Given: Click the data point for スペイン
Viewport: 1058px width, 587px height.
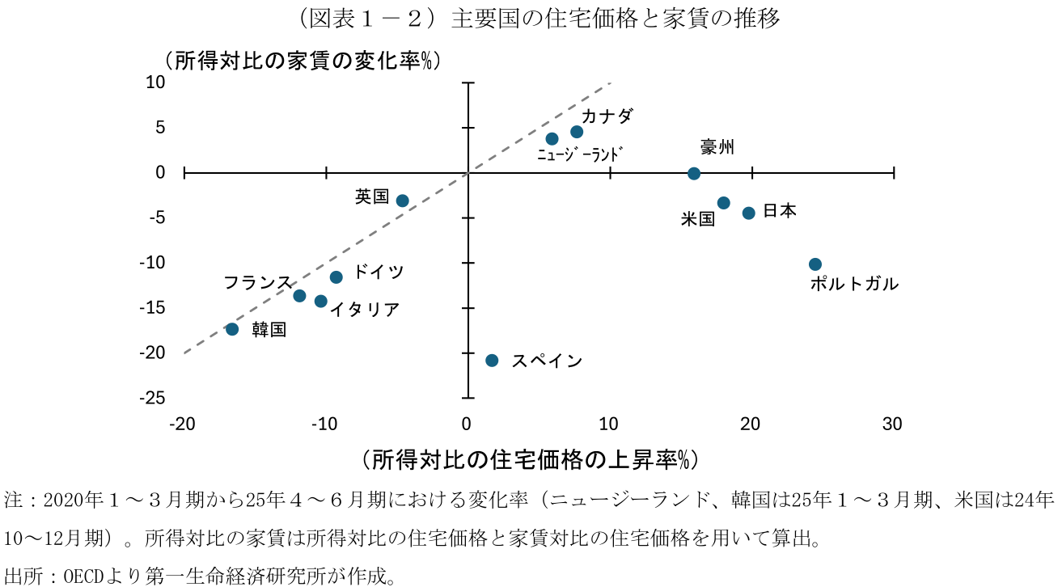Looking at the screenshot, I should point(492,360).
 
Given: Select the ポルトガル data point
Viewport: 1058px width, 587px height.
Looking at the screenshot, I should point(815,264).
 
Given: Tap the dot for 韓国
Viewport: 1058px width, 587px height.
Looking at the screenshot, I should point(232,329).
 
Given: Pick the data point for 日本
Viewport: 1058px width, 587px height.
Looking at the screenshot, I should point(749,213).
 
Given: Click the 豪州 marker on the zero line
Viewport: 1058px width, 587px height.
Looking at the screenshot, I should point(694,173).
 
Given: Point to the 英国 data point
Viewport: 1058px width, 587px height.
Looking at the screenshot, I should point(402,200).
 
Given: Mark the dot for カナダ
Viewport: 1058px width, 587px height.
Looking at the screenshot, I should point(577,132).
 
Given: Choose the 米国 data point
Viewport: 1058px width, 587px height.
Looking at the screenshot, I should point(724,203).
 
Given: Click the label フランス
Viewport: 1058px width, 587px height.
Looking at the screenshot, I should point(257,282).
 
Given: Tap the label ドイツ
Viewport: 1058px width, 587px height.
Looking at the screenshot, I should point(379,272).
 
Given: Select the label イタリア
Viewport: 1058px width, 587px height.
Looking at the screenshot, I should point(364,309).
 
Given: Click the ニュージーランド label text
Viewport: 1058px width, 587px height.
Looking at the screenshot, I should point(582,154).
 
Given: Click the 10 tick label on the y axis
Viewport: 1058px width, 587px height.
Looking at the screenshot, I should point(155,82).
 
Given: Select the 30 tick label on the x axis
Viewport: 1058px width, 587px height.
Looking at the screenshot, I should point(892,424).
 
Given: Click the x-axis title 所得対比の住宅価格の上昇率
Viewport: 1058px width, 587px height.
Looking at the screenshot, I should point(530,459).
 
